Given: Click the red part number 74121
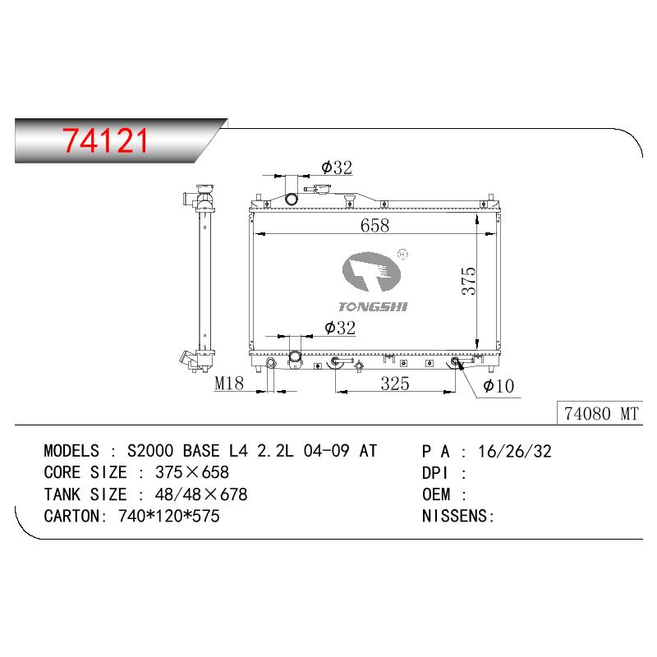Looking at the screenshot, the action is click(x=105, y=140).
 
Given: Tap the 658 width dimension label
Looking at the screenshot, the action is click(x=374, y=225).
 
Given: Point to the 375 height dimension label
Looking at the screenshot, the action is click(x=469, y=281).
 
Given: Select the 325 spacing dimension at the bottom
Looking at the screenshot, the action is click(x=395, y=384).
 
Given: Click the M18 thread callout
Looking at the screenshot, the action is click(x=229, y=383).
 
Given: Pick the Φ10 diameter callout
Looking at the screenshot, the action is click(x=498, y=386).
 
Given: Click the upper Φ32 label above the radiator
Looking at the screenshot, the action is click(x=337, y=168).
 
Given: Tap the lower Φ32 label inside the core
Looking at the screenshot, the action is click(x=340, y=328).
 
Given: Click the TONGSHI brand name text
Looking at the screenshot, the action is click(x=373, y=306).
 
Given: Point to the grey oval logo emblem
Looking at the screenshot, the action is click(x=371, y=272).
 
